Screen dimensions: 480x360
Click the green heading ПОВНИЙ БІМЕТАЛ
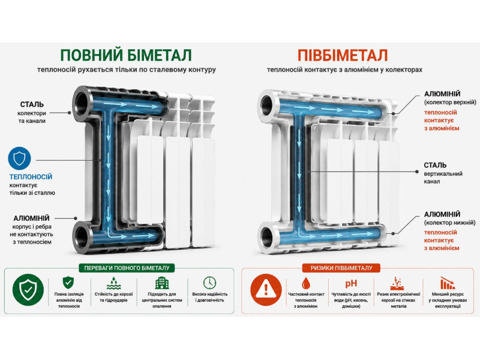[x=126, y=55]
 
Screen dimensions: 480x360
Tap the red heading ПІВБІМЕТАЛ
[x=343, y=55]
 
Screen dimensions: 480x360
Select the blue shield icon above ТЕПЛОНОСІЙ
[x=20, y=158]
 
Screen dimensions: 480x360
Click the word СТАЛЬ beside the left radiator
[x=32, y=104]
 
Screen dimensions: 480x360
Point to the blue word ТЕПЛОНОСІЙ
[x=31, y=176]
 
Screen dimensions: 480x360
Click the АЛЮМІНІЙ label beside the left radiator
[x=31, y=218]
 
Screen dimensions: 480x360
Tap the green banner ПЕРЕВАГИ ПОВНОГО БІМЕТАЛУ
[x=127, y=268]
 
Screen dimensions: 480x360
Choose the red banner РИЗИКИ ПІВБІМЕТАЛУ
[x=341, y=268]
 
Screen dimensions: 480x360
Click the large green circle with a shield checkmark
[x=28, y=290]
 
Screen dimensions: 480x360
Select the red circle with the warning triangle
[x=266, y=290]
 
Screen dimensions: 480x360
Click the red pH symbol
[x=351, y=284]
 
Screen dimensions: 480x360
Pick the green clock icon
[x=209, y=283]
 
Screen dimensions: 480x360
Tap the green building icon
[x=162, y=283]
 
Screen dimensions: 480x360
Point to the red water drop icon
[x=306, y=283]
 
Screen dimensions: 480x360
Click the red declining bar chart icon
[x=448, y=283]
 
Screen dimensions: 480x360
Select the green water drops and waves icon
[x=114, y=283]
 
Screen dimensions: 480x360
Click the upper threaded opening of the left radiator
[x=82, y=103]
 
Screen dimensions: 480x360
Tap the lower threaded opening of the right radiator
[x=267, y=238]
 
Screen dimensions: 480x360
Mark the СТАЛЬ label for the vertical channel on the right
[x=435, y=166]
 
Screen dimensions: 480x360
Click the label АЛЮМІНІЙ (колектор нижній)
[x=449, y=218]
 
